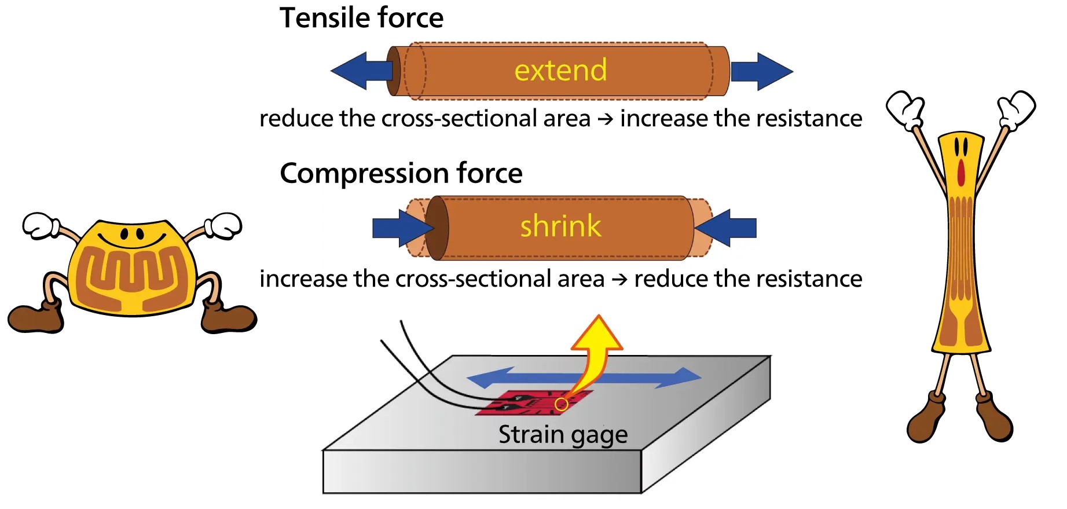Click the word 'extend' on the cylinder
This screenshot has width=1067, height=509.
pyautogui.click(x=560, y=70)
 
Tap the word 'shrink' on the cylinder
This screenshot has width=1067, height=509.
pyautogui.click(x=560, y=225)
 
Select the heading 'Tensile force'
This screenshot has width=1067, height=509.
pyautogui.click(x=361, y=17)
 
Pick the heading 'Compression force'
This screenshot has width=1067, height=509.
pyautogui.click(x=401, y=173)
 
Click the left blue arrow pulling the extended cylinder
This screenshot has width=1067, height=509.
pyautogui.click(x=361, y=71)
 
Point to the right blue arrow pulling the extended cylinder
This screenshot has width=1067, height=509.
pyautogui.click(x=762, y=71)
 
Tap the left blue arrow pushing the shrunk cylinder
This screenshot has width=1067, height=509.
pyautogui.click(x=402, y=228)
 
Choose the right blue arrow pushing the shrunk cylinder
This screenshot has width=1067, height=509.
pyautogui.click(x=726, y=228)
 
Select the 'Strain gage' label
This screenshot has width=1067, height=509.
pyautogui.click(x=563, y=435)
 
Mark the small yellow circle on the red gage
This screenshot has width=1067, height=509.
pyautogui.click(x=561, y=404)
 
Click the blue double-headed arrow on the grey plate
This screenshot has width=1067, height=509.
pyautogui.click(x=584, y=378)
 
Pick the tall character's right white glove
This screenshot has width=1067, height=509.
pyautogui.click(x=1017, y=108)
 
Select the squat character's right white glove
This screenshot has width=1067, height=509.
pyautogui.click(x=223, y=225)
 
